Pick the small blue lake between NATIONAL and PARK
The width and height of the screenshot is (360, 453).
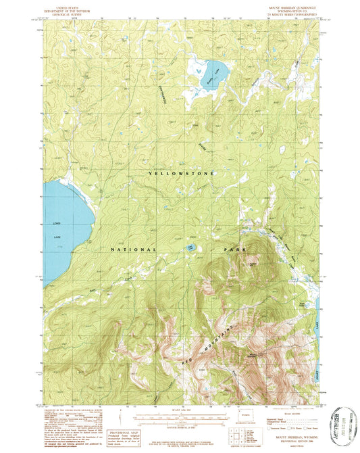(x=191, y=248)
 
